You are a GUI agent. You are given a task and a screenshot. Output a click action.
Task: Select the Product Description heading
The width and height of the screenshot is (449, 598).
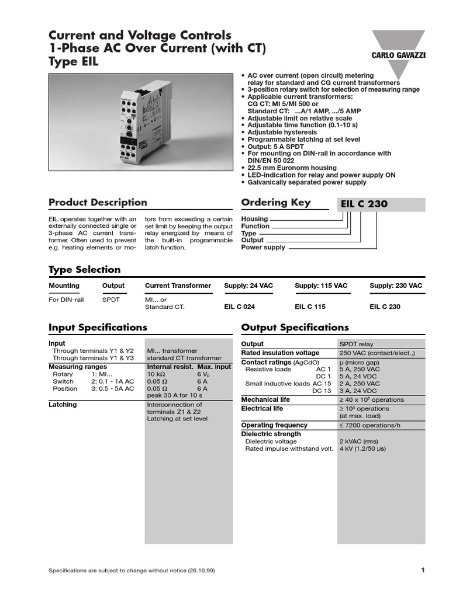pos(98,203)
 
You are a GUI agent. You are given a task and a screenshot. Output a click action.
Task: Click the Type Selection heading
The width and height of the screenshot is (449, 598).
pos(84,270)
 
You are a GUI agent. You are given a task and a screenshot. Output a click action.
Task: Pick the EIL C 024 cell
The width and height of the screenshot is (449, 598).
pos(239,307)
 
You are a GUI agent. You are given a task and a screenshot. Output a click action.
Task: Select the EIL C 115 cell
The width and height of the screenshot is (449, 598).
pos(310,307)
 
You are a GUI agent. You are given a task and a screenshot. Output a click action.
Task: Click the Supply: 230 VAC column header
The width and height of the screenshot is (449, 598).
pos(396,286)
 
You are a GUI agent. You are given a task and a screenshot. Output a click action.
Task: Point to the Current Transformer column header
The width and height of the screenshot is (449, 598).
pos(178,286)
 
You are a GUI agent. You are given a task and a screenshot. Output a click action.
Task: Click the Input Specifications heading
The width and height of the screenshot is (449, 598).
pos(98,328)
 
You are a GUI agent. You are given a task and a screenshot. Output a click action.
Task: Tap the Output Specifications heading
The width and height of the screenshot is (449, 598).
pos(295,328)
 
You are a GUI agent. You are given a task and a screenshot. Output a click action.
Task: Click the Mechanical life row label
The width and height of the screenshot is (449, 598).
pos(266,399)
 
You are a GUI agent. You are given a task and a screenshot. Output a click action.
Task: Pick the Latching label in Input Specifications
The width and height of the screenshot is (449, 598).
pos(63,404)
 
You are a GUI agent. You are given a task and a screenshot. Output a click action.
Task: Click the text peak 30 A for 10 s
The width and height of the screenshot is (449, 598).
pos(174,395)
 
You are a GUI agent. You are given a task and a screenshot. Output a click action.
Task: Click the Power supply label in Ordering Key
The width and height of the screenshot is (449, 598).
pos(263,248)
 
